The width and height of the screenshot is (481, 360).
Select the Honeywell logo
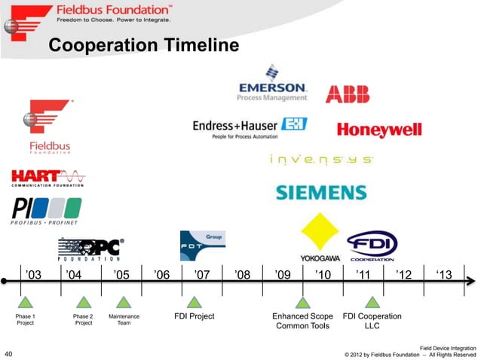point(378,130)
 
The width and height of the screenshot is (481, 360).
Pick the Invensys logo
point(320,160)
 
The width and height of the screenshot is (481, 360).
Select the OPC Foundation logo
point(91,249)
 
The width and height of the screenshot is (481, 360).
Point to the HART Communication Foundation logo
point(47,178)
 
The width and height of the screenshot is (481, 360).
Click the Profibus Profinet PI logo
point(46,210)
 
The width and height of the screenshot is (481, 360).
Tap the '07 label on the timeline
point(202,275)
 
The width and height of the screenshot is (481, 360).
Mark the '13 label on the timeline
point(444,275)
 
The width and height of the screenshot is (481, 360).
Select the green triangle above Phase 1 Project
point(26,302)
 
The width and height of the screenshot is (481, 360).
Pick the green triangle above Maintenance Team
point(124,302)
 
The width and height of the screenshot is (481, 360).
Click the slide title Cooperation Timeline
point(143,47)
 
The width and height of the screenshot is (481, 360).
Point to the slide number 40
point(10,352)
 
